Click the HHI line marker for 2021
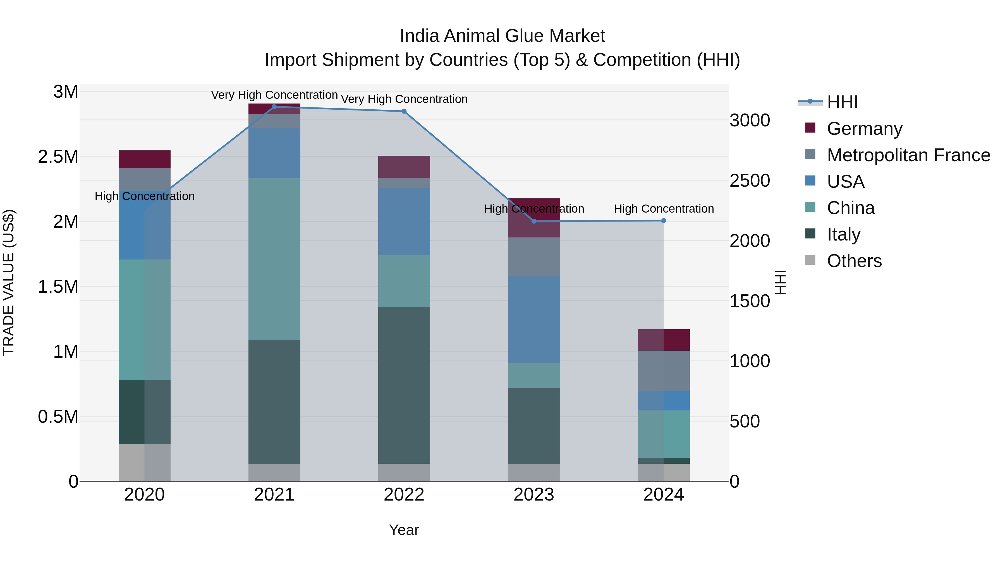click(274, 107)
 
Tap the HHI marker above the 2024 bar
click(664, 221)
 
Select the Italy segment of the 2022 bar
click(404, 385)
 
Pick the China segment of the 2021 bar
click(274, 259)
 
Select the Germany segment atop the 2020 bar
click(144, 159)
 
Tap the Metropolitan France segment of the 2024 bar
click(664, 371)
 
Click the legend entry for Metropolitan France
click(908, 155)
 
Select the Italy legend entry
click(843, 234)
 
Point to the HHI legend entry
click(842, 102)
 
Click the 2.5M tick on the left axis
click(58, 157)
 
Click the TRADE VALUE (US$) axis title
click(9, 282)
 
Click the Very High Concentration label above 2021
click(274, 95)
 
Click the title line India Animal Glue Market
click(502, 36)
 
